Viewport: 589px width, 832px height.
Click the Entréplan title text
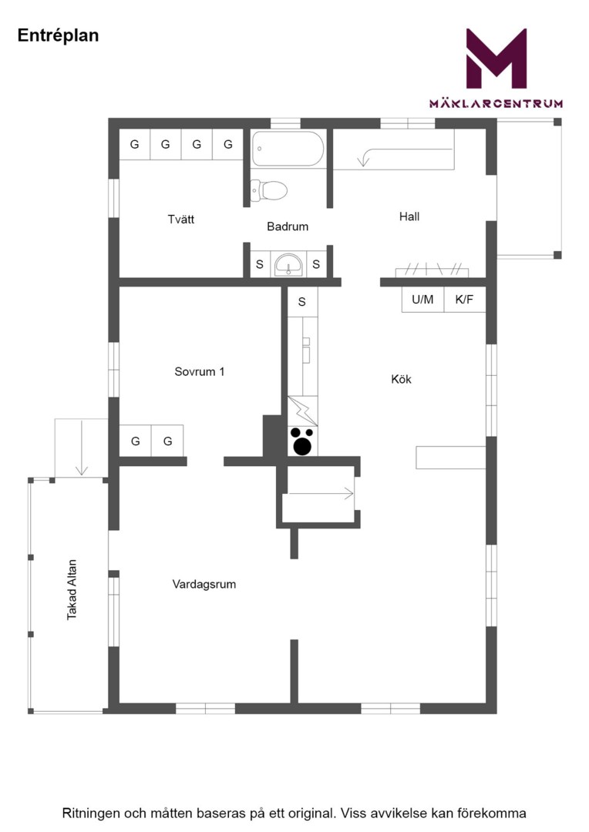pos(58,35)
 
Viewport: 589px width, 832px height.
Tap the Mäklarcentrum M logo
pos(496,59)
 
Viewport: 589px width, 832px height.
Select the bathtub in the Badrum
pos(288,149)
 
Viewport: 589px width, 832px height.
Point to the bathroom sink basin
pos(288,263)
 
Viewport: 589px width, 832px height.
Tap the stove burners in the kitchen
pos(302,441)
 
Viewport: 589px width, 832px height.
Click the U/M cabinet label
pos(422,299)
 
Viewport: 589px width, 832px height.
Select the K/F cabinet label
pos(463,299)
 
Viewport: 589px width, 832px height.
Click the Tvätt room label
pos(181,219)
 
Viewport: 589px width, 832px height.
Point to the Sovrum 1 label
pos(200,371)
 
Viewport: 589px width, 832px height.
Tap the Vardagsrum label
pos(204,584)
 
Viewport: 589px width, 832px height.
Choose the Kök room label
pos(401,379)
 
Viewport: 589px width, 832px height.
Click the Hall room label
pos(409,216)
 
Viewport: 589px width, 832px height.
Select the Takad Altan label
pos(72,589)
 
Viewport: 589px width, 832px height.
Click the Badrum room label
pos(288,226)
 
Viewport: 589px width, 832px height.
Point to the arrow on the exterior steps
pos(81,447)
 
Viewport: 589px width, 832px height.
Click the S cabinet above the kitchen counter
pos(302,302)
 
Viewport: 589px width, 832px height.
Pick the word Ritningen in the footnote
pos(93,814)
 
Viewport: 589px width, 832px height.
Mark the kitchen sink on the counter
pos(307,350)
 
